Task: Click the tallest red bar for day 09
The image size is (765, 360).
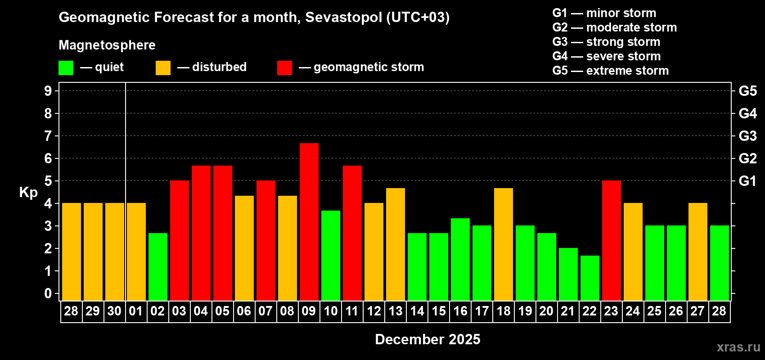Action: pyautogui.click(x=309, y=221)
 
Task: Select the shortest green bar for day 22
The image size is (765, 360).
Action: pyautogui.click(x=590, y=278)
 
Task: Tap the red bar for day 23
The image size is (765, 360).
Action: pyautogui.click(x=612, y=240)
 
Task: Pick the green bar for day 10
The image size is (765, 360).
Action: pyautogui.click(x=331, y=255)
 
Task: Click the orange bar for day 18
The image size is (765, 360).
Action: pyautogui.click(x=504, y=244)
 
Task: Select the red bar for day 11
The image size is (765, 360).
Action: pyautogui.click(x=352, y=233)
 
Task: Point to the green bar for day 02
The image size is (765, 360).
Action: pyautogui.click(x=158, y=266)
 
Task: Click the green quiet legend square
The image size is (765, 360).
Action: pyautogui.click(x=66, y=68)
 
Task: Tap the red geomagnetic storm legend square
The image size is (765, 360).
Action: pyautogui.click(x=284, y=68)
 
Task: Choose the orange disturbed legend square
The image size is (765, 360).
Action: pyautogui.click(x=163, y=68)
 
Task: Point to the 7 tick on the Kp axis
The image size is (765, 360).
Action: pyautogui.click(x=48, y=136)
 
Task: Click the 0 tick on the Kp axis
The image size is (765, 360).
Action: pyautogui.click(x=48, y=294)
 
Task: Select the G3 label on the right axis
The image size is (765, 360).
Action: pyautogui.click(x=747, y=136)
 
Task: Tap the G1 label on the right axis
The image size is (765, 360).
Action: pyautogui.click(x=747, y=181)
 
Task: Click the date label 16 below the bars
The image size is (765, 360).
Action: pyautogui.click(x=460, y=311)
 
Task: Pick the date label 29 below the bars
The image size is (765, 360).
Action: pyautogui.click(x=93, y=311)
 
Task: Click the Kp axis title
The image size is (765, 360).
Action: pyautogui.click(x=28, y=192)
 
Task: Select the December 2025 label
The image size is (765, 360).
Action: pyautogui.click(x=427, y=339)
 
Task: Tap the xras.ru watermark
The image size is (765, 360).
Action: pyautogui.click(x=738, y=347)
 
